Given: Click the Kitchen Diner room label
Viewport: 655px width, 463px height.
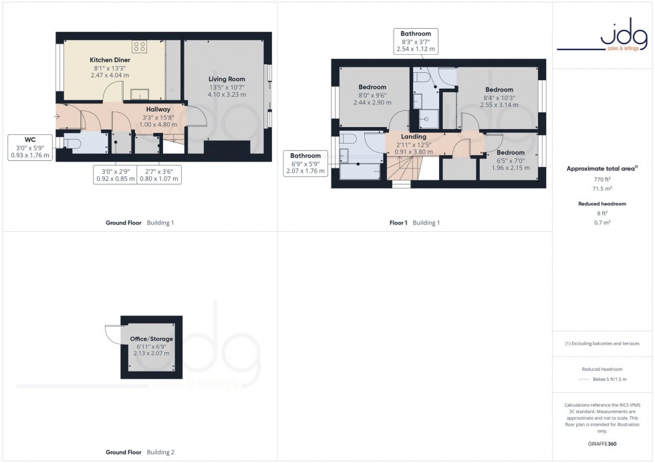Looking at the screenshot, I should click(x=110, y=60).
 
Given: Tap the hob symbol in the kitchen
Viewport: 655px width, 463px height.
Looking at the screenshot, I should click(x=140, y=46).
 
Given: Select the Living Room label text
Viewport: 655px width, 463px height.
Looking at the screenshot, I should click(x=227, y=79).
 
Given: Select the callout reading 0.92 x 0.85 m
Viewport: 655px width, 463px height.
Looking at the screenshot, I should click(x=114, y=175).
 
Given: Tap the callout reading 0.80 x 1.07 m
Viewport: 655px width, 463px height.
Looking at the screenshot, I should click(x=159, y=175).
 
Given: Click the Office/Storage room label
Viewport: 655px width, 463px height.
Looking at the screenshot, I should click(x=152, y=339).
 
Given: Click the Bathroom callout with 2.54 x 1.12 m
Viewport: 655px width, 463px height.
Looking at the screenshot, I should click(x=416, y=41).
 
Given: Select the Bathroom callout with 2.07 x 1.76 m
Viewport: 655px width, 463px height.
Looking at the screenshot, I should click(x=306, y=164).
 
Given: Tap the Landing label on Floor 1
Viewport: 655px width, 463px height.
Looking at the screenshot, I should click(x=413, y=136).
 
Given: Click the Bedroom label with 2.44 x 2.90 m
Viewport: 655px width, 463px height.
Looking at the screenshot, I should click(x=372, y=88).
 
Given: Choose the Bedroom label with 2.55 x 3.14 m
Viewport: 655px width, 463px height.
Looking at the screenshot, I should click(x=499, y=90).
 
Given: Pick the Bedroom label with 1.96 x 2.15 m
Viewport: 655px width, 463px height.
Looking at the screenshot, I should click(x=510, y=152).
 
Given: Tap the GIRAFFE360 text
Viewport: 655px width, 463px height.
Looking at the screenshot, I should click(x=602, y=443).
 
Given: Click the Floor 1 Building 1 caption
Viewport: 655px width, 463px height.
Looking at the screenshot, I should click(x=414, y=222).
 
